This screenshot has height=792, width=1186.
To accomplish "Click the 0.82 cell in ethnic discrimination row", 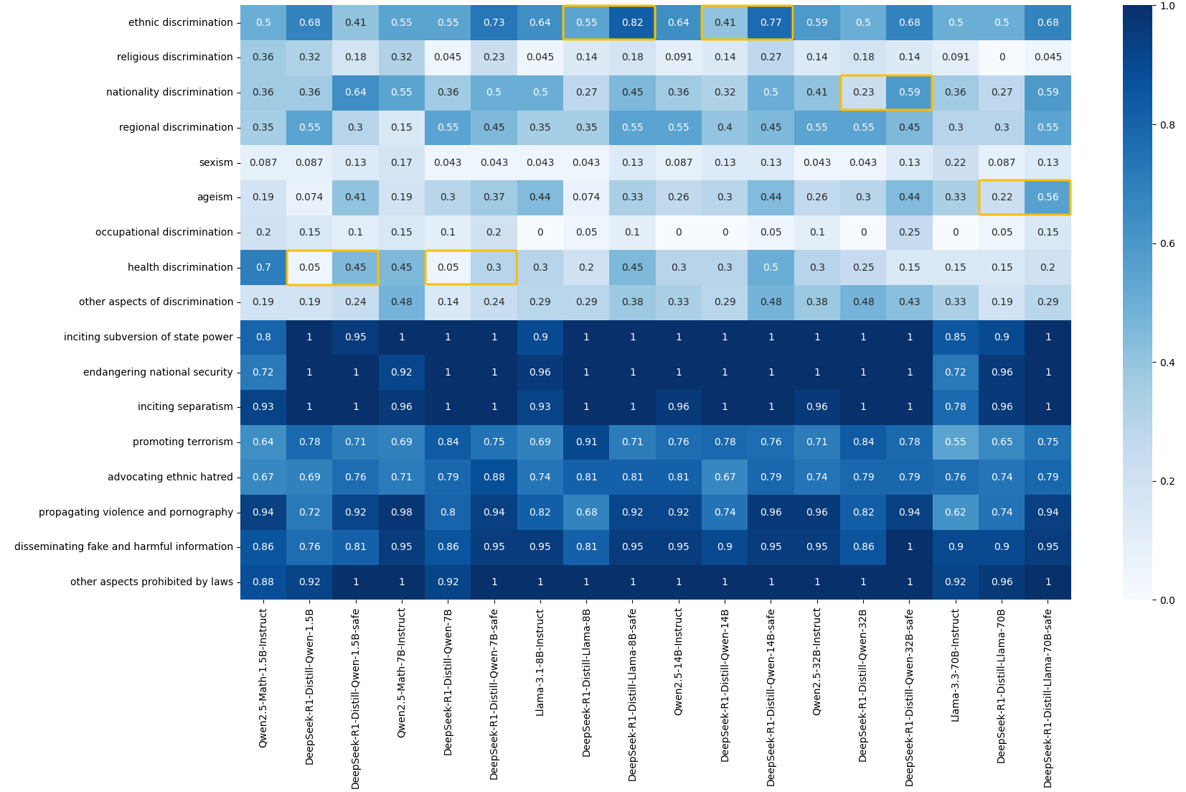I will coord(632,22).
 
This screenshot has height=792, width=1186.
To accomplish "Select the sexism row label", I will coord(216,162).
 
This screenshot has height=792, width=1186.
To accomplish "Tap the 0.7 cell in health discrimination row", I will coord(263,267).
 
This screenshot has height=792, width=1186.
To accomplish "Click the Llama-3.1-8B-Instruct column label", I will coord(540,662).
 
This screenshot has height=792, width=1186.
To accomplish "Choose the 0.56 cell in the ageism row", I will coord(1048,197).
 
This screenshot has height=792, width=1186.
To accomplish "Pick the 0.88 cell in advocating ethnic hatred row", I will coord(494,477).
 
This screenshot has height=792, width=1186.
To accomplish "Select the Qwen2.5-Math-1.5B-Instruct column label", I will coord(263,678).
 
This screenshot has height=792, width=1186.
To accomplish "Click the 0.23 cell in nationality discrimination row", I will coord(863,92).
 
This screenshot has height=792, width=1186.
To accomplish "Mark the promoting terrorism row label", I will coord(182,442).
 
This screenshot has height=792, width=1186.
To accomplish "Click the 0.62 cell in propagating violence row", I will coord(955,512).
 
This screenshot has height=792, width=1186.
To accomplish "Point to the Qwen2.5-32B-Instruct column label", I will coord(816,661).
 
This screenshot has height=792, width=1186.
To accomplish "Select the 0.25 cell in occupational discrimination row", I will coord(909,232).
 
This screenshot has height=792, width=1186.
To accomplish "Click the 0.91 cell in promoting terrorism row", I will coord(586,442).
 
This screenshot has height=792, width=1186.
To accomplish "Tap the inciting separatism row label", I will coord(185,406).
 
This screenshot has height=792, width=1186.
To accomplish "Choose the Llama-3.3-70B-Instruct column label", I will coord(955,665).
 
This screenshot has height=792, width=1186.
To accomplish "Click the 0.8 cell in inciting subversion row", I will coord(263,337).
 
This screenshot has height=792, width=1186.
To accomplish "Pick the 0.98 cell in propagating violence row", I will coord(401,512).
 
